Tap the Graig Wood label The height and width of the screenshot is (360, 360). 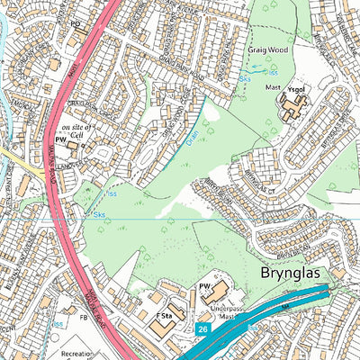267,50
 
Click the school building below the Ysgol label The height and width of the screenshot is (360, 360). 292,109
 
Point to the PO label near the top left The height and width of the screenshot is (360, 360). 76,24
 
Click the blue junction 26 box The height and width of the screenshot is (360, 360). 202,330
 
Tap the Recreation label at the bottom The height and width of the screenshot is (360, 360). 78,355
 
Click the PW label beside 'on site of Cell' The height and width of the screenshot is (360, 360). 60,141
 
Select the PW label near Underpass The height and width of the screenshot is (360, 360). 203,286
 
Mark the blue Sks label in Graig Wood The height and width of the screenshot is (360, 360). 246,79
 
